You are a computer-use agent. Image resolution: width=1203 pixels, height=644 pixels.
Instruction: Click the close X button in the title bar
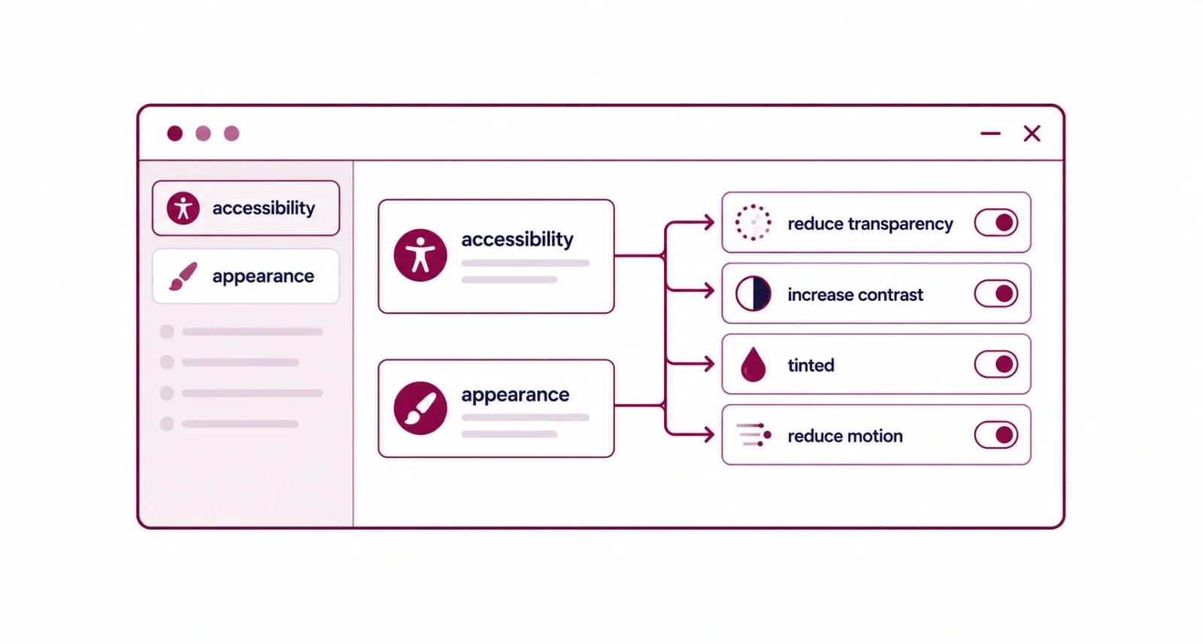pos(1031,134)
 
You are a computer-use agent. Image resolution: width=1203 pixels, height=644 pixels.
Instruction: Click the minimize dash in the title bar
pos(990,134)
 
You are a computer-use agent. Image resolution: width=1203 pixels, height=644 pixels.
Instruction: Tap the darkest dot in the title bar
pos(175,134)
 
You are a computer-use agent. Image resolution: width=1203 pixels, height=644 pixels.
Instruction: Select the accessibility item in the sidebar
pos(246,208)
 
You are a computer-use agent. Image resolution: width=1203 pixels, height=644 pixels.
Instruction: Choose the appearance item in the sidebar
pos(246,276)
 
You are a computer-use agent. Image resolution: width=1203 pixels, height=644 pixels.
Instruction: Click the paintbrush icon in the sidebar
pos(183,276)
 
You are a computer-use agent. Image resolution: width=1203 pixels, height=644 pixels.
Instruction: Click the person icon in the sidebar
pos(183,208)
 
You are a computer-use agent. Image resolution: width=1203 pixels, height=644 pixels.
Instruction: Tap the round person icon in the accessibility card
pos(421,256)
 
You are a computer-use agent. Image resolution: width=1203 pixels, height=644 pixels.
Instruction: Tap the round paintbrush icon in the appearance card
pos(421,408)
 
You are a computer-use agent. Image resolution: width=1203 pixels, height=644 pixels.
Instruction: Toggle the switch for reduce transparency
pos(996,223)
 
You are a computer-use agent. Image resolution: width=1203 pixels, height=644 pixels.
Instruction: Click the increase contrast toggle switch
pos(996,293)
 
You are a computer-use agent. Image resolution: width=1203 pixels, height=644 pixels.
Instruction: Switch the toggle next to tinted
pos(996,364)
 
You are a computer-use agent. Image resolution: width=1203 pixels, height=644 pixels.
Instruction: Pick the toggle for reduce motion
pos(996,436)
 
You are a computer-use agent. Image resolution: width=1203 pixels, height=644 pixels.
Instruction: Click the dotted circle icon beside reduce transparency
pos(753,205)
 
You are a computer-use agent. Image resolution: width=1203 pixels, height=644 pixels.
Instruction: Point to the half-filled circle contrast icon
pos(754,293)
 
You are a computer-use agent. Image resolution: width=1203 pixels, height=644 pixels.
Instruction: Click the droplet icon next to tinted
pos(753,365)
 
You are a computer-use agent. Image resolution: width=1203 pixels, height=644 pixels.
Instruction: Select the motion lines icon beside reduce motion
pos(754,435)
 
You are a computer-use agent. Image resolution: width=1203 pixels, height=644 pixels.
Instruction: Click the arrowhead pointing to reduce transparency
pos(709,222)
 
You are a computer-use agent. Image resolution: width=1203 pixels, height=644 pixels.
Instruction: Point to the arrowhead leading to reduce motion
pos(709,435)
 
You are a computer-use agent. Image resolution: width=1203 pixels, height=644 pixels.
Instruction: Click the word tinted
pos(811,366)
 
